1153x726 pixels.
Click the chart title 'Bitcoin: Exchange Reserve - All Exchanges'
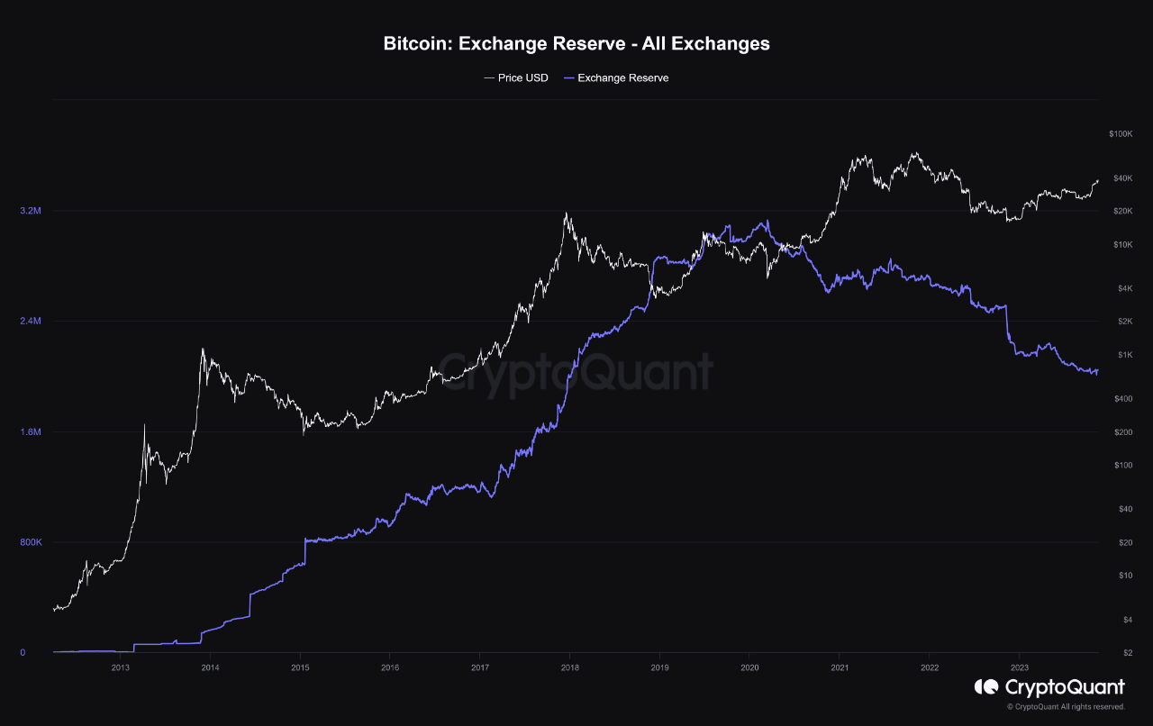coord(576,43)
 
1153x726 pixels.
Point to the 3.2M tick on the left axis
coord(31,211)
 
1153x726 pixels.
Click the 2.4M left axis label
coord(31,322)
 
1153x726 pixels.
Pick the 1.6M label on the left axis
coord(31,432)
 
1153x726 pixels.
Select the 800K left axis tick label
coord(31,542)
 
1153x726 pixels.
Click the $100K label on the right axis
coord(1120,134)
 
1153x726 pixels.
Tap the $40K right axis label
coord(1121,178)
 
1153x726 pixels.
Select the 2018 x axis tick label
coord(569,667)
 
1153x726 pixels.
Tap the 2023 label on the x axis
coord(1019,667)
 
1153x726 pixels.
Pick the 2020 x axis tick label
coord(749,667)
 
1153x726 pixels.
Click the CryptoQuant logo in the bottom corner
coord(1049,687)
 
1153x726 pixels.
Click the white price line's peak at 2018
coord(566,213)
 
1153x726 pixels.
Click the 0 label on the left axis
coord(22,652)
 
